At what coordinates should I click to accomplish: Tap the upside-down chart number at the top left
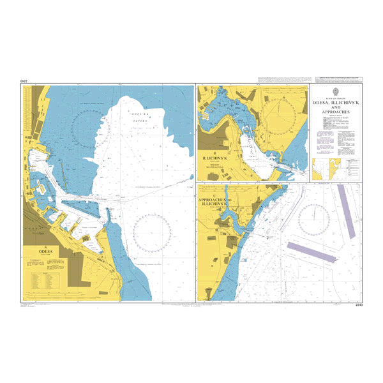click(25, 80)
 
